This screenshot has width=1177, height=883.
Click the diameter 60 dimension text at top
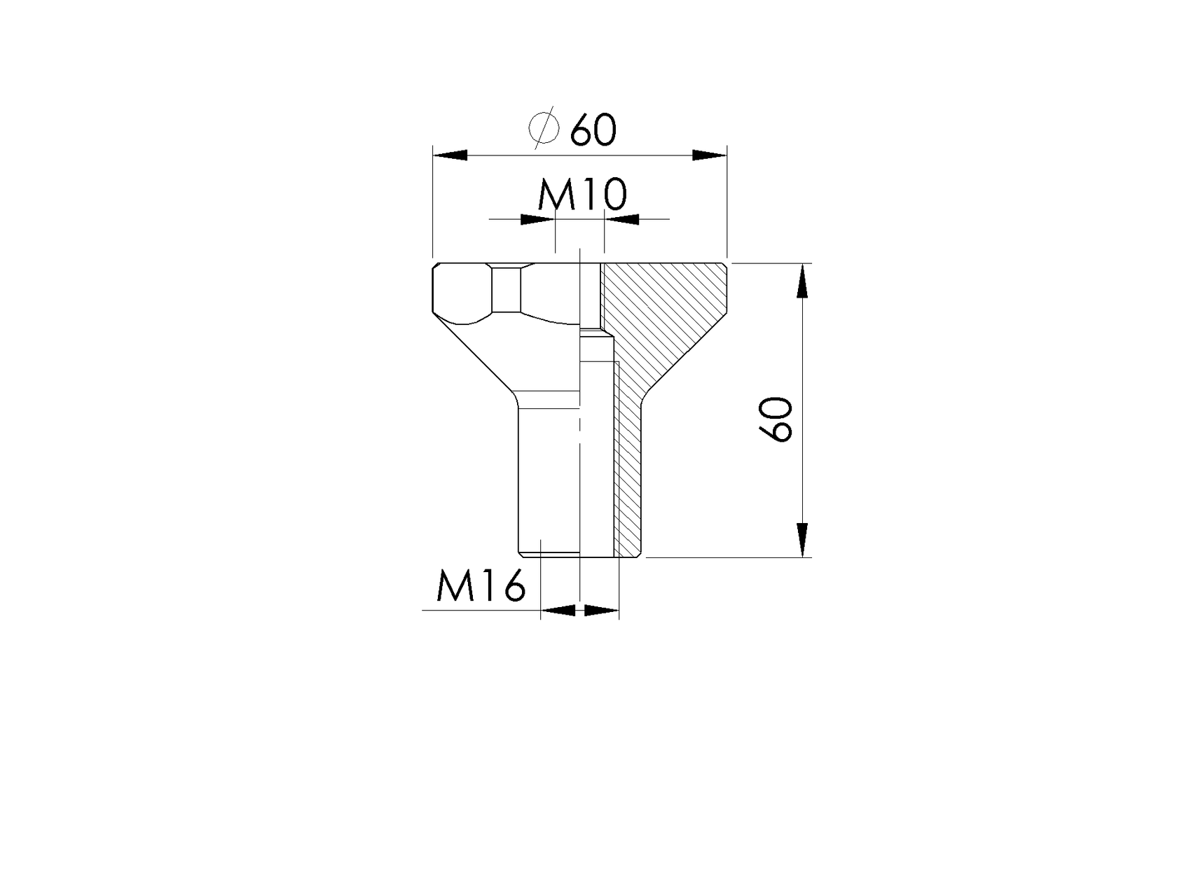(x=593, y=130)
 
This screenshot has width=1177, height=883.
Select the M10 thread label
(x=581, y=196)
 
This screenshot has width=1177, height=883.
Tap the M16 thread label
(x=481, y=586)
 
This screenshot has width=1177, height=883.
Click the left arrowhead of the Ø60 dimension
(x=450, y=155)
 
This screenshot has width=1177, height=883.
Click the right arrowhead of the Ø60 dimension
(x=709, y=155)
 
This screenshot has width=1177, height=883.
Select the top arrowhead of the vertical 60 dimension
(x=802, y=280)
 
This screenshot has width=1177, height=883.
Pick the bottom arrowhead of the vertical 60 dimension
(x=802, y=540)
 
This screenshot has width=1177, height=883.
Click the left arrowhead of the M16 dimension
(x=560, y=611)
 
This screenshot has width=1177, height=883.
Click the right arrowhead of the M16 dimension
(x=600, y=611)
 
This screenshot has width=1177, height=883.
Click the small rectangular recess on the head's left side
(x=507, y=289)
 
